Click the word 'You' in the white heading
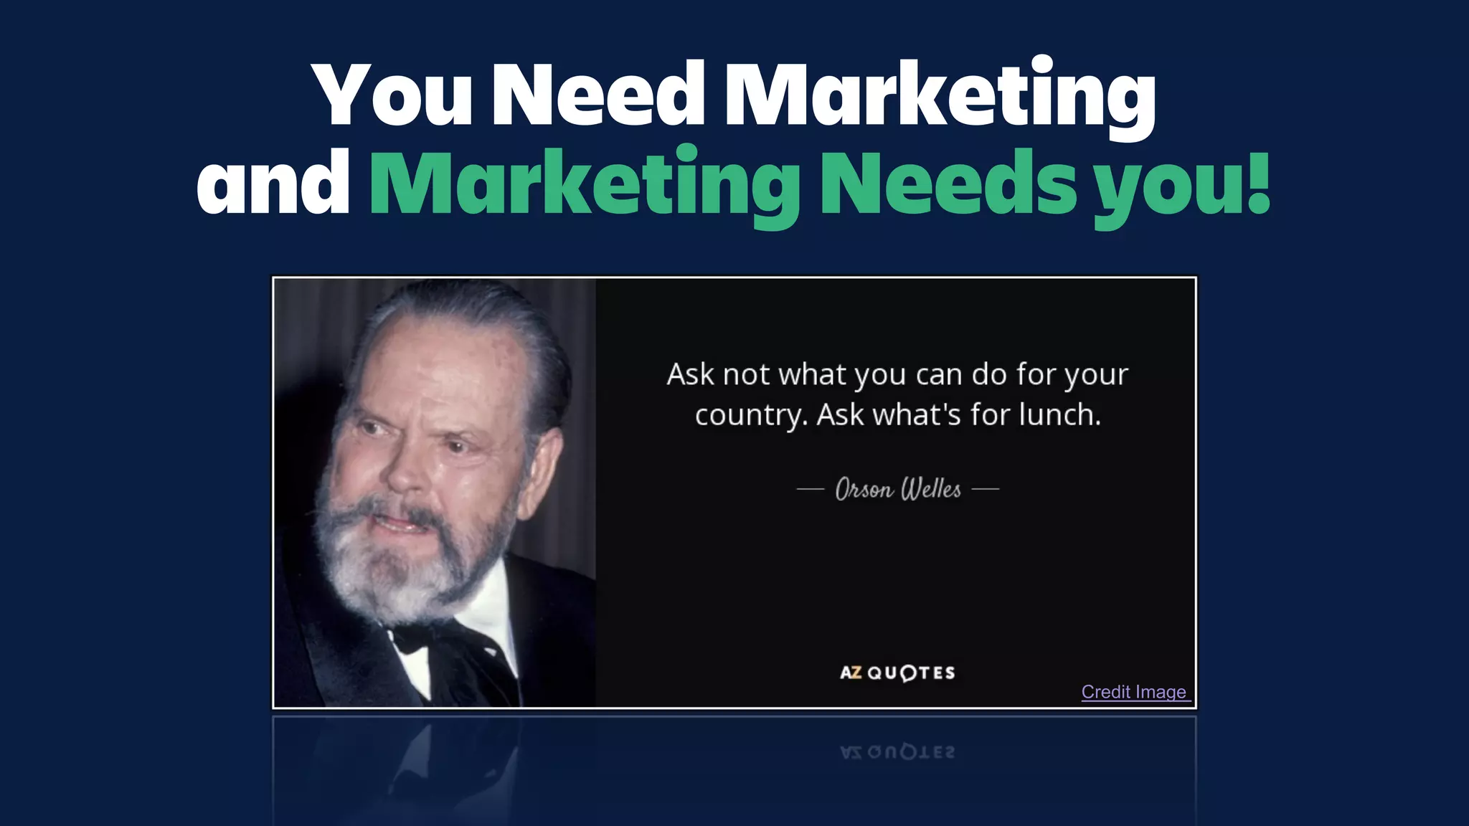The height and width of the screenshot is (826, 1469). pos(393,95)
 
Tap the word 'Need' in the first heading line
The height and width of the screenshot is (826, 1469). pos(599,95)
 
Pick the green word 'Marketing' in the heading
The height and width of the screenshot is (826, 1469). pos(585,185)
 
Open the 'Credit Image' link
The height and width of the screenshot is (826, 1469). pos(1134,692)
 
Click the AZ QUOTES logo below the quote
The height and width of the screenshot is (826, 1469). pos(897,673)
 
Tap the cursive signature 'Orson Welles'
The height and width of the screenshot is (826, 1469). pos(898,489)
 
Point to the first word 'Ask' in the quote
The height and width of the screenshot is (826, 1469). pos(690,374)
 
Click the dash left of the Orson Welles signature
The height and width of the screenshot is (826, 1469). pos(811,490)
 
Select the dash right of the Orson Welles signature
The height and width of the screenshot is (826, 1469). pos(985,490)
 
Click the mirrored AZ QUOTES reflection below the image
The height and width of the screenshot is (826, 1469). pos(897,752)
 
